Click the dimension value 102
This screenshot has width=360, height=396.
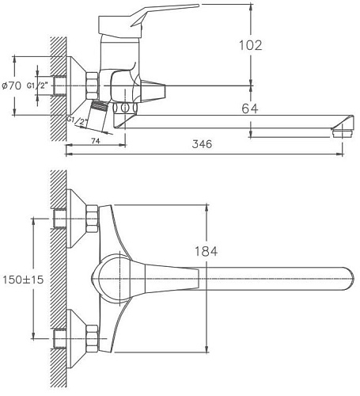coord(250,45)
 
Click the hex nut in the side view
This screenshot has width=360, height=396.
coord(91,85)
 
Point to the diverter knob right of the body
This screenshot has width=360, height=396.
coord(155,90)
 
